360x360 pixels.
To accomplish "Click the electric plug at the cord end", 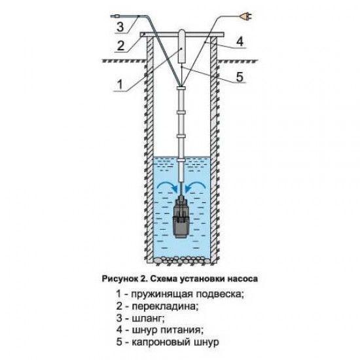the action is [246, 16].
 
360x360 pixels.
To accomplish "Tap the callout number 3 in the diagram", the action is [120, 27].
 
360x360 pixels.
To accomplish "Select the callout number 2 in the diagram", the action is [121, 46].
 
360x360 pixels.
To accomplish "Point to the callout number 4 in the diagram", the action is [240, 42].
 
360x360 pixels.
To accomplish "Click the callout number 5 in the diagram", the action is [240, 77].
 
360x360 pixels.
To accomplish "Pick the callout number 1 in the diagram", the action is [120, 84].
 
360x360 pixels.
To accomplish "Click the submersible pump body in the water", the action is [181, 217].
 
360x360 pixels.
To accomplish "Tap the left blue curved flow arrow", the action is [168, 185].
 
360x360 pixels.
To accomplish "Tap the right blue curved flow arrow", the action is [196, 185].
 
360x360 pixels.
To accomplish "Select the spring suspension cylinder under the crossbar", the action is [182, 46].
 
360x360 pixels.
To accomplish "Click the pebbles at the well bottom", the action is [182, 260].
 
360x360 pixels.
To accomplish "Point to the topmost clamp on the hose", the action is [181, 88].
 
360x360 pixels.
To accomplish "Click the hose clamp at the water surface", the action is [181, 159].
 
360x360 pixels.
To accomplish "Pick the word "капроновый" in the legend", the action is [162, 342].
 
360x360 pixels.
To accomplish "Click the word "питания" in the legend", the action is [181, 331].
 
